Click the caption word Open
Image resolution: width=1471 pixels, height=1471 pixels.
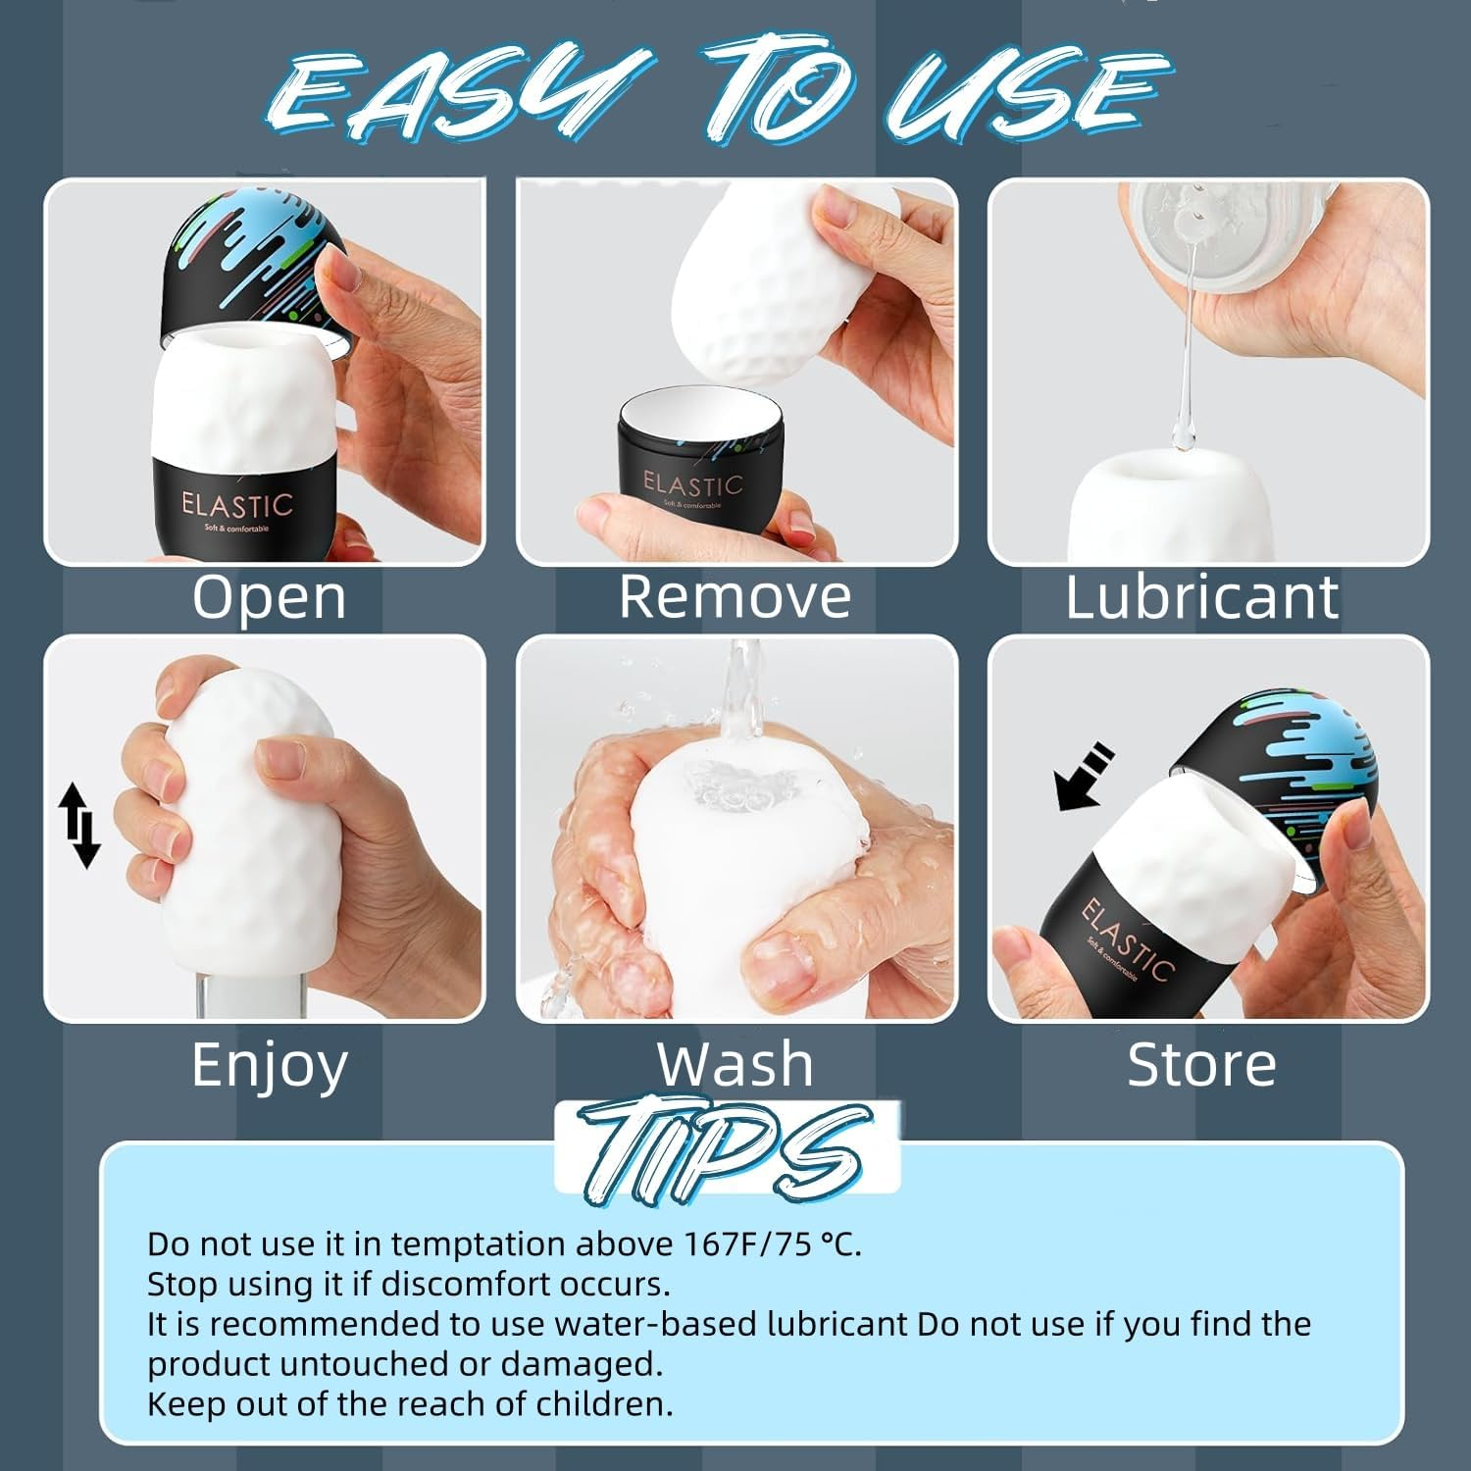pos(269,596)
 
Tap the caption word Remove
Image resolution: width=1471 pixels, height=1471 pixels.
pos(735,596)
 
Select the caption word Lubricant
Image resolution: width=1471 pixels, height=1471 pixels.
pos(1201,596)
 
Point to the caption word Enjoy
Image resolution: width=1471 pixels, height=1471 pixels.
pos(270,1066)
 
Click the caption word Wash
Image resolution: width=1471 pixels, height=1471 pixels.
pos(735,1064)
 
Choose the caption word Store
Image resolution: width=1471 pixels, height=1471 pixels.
pos(1201,1064)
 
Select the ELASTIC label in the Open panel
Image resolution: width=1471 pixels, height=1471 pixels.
pos(236,506)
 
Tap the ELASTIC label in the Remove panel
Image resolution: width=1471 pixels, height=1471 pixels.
pos(692,484)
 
